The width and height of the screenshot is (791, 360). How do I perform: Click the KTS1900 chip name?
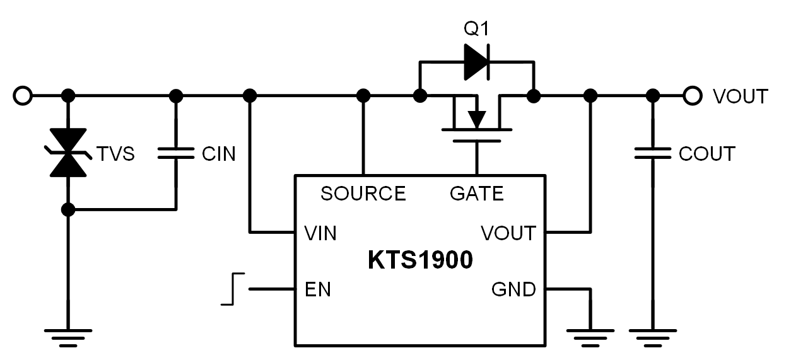[x=420, y=260]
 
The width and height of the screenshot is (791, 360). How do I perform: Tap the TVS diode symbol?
[x=68, y=153]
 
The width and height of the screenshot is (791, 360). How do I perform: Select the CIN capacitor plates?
[x=176, y=153]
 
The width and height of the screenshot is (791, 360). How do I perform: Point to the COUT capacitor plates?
[x=653, y=153]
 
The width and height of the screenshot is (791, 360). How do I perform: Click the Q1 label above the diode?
[x=476, y=28]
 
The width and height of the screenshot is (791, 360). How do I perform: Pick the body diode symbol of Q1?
[x=477, y=62]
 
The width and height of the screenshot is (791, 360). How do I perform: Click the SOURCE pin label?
[x=363, y=194]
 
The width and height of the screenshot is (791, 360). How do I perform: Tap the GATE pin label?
[x=477, y=194]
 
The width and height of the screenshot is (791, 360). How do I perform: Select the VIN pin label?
[x=320, y=233]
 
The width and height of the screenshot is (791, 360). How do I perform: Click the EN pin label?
[x=318, y=289]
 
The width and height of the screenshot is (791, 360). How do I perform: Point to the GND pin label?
[x=513, y=289]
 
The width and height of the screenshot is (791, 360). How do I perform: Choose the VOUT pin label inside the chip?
[x=508, y=233]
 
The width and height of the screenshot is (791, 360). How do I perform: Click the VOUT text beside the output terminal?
[x=740, y=96]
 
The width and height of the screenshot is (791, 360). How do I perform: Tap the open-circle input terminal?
[x=23, y=96]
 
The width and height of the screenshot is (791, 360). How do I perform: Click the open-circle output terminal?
[x=692, y=96]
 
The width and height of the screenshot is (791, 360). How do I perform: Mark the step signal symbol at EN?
[x=233, y=289]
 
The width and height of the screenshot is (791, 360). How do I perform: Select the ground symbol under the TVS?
[x=68, y=338]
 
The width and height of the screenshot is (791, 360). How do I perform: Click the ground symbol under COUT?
[x=653, y=338]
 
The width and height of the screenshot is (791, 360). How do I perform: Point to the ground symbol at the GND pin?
[x=590, y=338]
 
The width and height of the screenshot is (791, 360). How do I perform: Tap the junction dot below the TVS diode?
[x=68, y=210]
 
